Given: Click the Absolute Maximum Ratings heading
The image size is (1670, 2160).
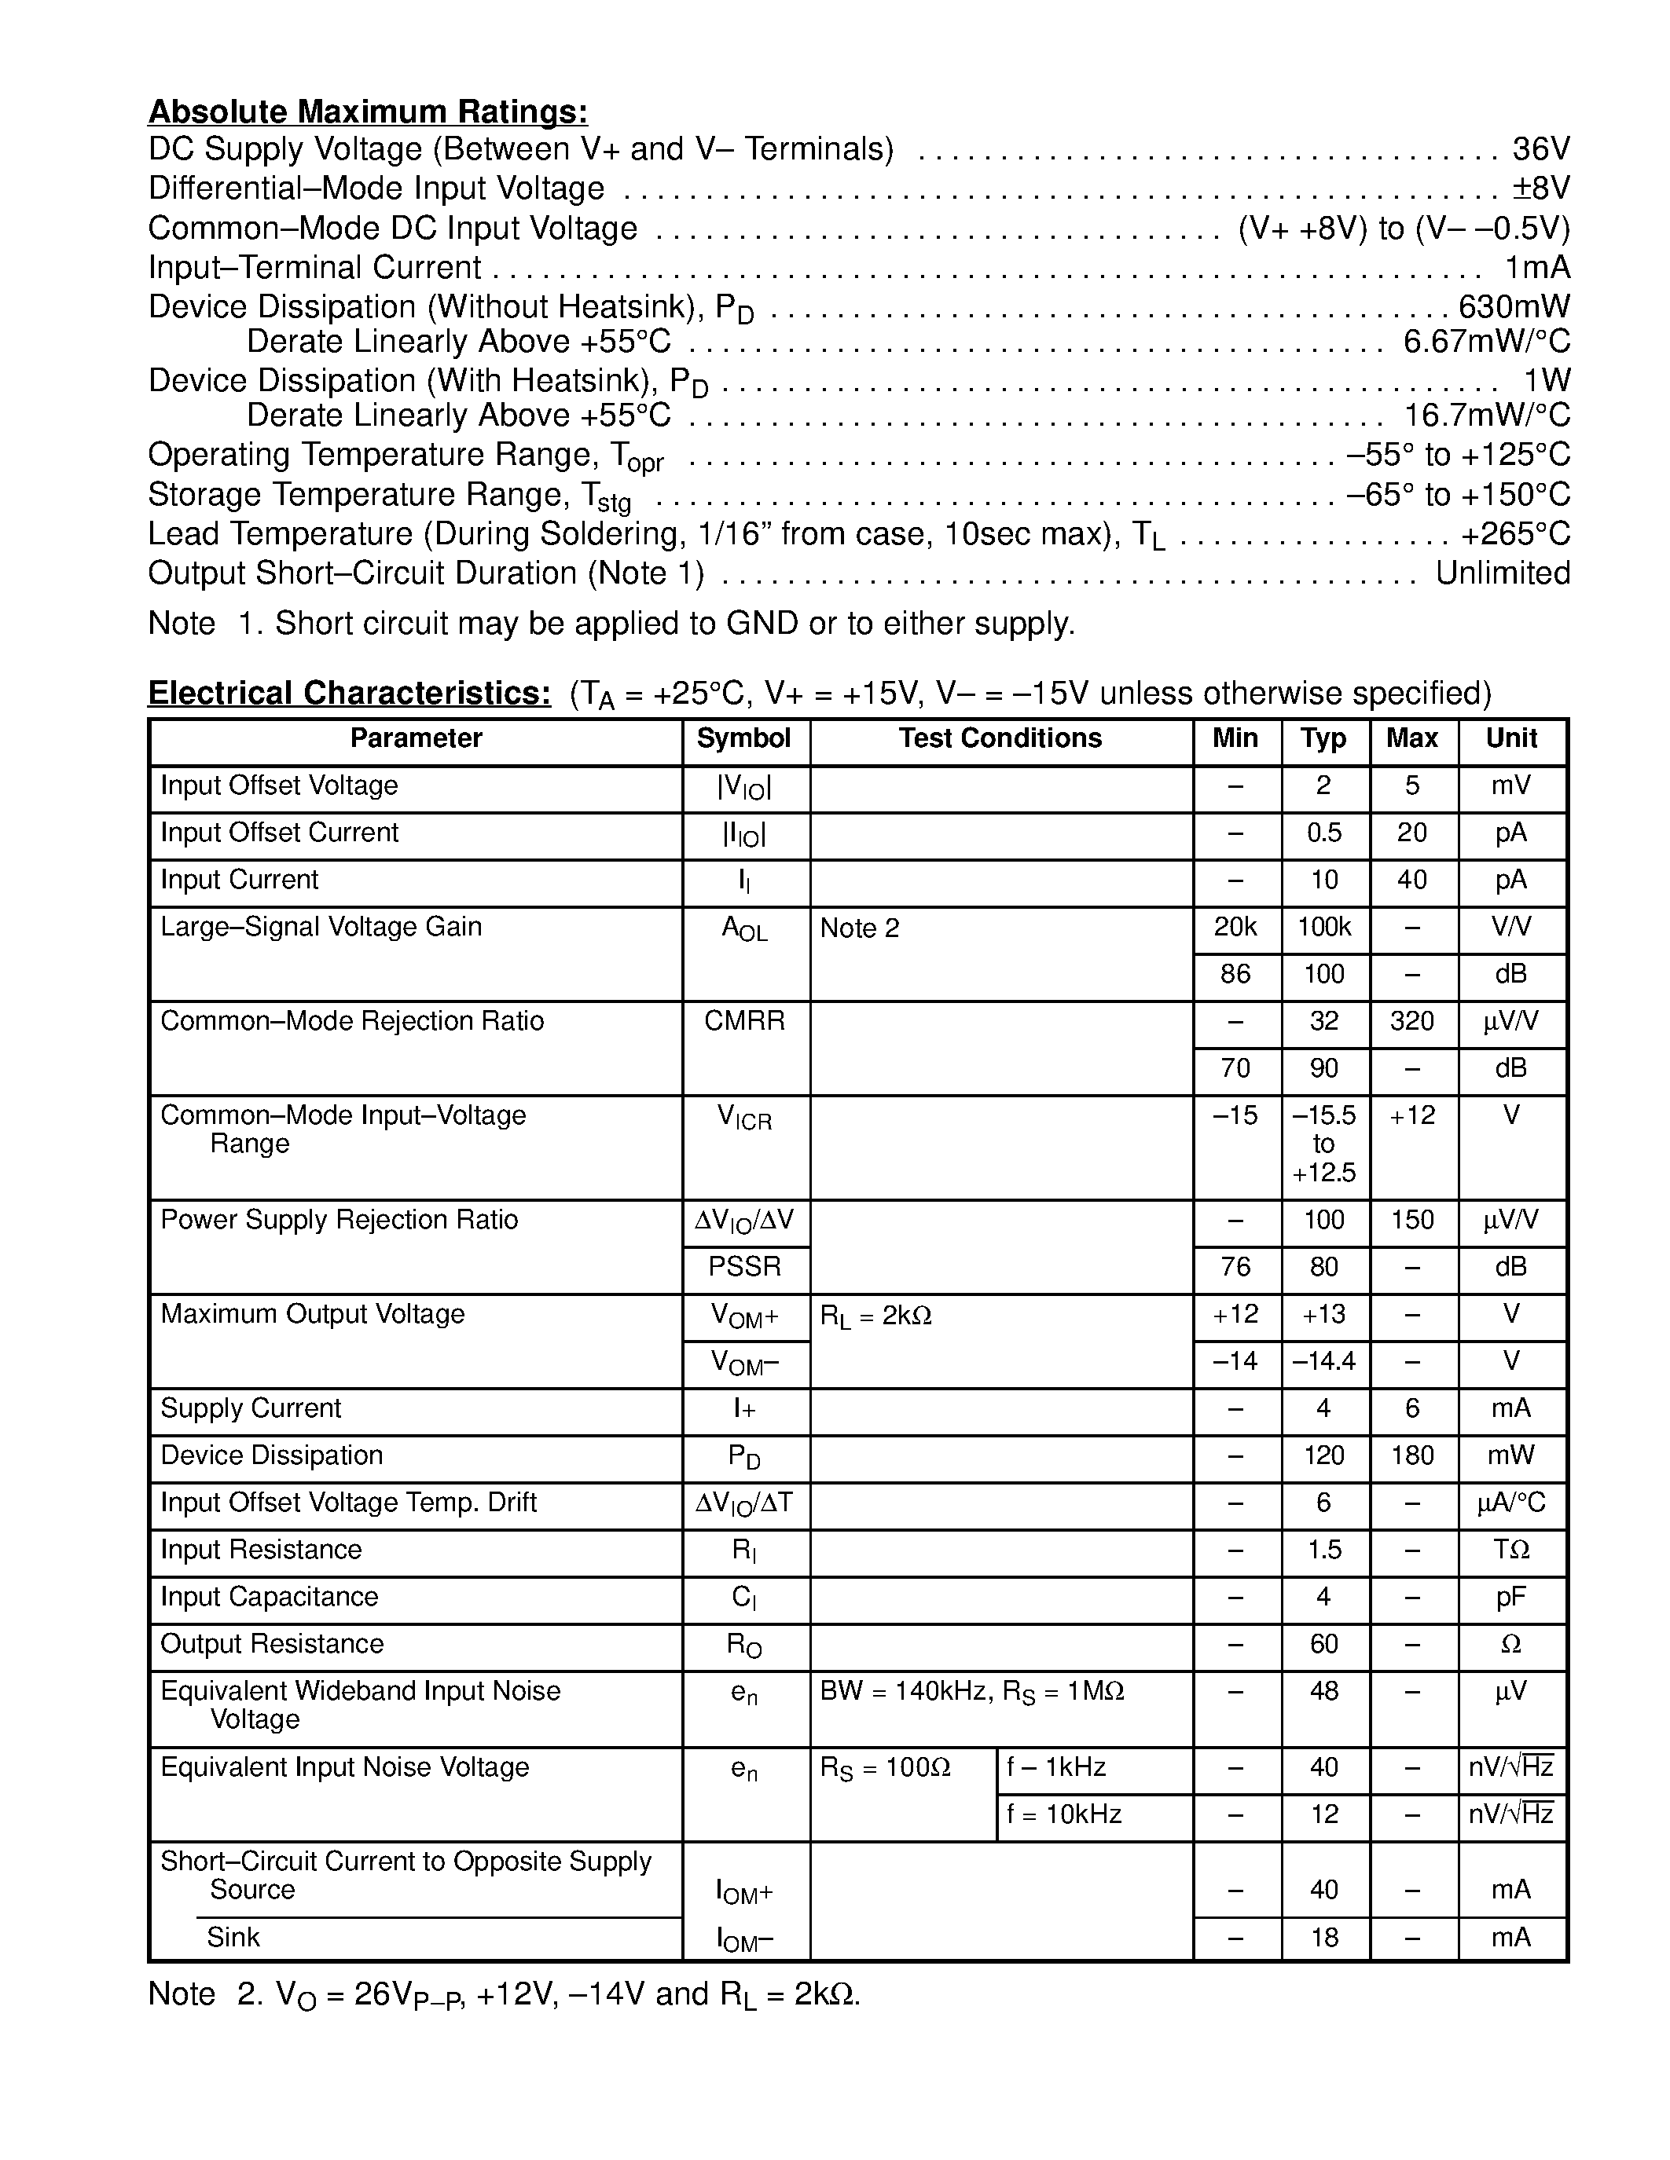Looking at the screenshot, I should [x=367, y=112].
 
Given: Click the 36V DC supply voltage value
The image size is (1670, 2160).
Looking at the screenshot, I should [x=1540, y=149].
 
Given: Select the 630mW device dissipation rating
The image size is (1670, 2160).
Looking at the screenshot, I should [x=1514, y=306].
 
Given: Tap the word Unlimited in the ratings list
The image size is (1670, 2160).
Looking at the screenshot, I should [x=1502, y=573].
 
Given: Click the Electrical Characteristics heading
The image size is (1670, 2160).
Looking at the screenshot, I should [x=349, y=694].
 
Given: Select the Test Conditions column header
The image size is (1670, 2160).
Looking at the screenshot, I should [x=1000, y=739].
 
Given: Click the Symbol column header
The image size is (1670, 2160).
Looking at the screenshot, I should [x=744, y=739].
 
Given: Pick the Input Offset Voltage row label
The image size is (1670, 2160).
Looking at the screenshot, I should [x=279, y=786].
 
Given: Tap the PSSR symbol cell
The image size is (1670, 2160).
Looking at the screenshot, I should [x=744, y=1267].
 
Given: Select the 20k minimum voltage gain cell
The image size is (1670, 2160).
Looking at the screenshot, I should [x=1235, y=928].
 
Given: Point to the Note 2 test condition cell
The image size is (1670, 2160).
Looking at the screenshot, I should [x=860, y=928].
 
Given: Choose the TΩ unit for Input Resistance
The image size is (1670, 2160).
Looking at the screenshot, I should [x=1510, y=1550].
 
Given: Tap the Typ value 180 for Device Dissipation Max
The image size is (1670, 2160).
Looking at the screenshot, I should [x=1411, y=1455].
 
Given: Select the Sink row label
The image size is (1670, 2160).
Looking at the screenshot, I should [x=233, y=1938].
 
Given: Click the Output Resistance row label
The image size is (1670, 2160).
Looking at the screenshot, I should [x=272, y=1644].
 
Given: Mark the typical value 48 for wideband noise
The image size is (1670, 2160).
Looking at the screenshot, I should [x=1323, y=1691].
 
